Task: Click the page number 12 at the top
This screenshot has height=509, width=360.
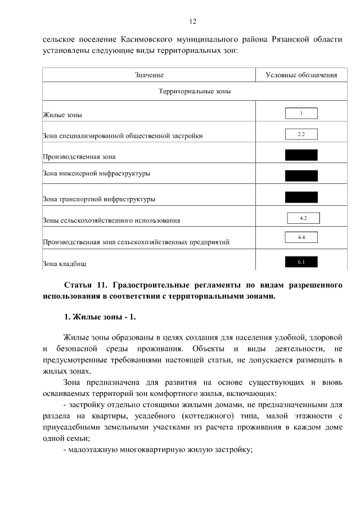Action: coord(192,21)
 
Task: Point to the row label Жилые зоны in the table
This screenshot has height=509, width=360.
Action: coord(62,115)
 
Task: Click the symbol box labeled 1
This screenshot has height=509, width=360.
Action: coord(301,113)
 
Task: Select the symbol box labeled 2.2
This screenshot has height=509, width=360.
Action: coord(301,134)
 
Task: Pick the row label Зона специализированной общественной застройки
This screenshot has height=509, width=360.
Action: coord(123,136)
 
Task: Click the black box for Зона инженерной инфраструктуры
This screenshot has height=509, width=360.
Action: coord(301,175)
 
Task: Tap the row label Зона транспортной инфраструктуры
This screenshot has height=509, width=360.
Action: coord(99,199)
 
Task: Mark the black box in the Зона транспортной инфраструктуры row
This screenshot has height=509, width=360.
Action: coord(301,197)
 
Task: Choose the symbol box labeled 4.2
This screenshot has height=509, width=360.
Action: coord(303,218)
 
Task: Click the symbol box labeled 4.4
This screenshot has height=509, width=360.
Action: coord(301,238)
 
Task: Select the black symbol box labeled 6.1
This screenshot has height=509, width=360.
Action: coord(301,262)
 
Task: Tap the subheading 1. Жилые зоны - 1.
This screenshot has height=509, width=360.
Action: coord(100,318)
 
